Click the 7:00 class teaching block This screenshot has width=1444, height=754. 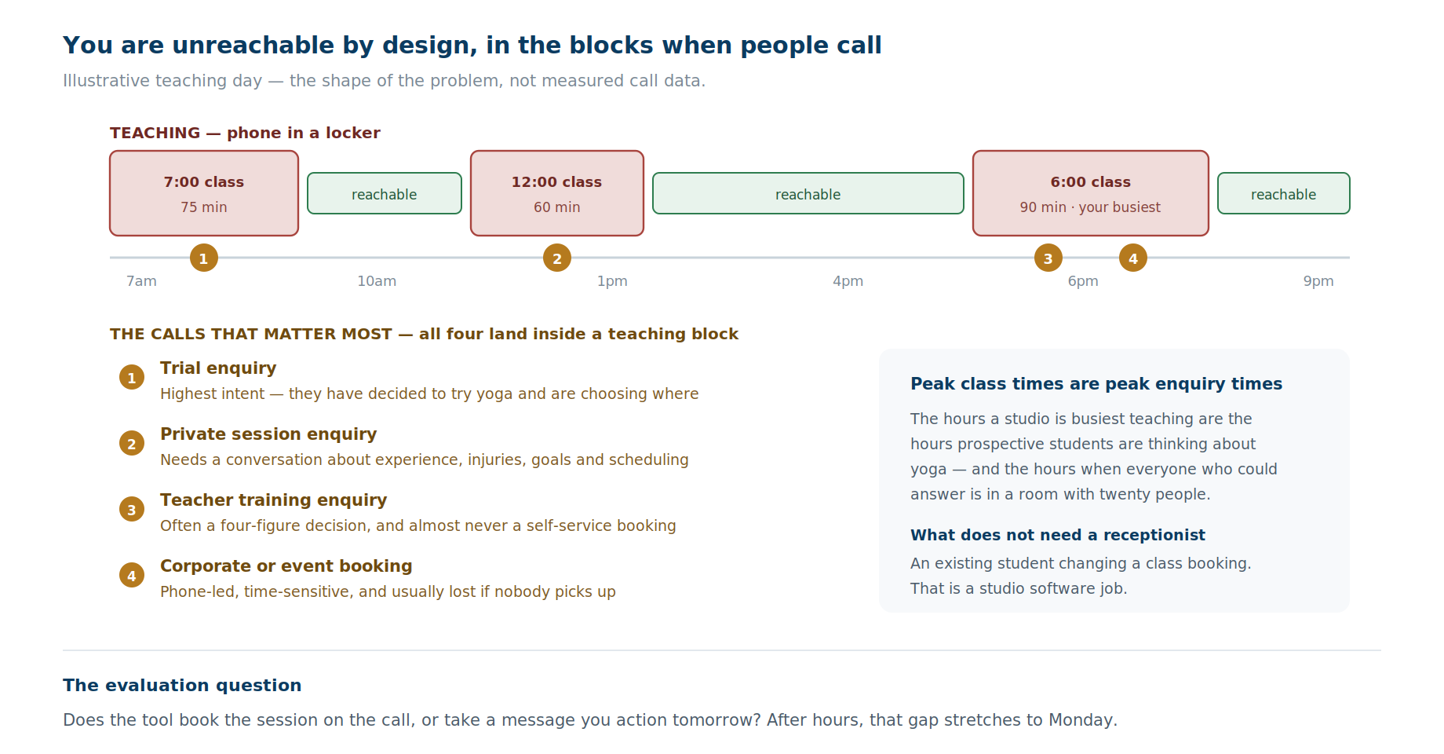204,193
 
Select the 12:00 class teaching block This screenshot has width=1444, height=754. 557,193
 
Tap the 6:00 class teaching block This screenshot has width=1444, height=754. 1091,193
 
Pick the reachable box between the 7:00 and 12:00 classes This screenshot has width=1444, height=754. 385,193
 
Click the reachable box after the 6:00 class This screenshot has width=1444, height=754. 1284,193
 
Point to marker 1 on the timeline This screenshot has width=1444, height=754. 204,258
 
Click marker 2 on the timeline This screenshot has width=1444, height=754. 557,258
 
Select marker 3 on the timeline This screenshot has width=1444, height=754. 1048,258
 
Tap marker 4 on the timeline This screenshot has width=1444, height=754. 1133,258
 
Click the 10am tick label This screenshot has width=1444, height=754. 377,281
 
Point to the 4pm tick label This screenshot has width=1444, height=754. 848,281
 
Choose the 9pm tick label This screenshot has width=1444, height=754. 1318,281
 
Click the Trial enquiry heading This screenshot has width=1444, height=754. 218,368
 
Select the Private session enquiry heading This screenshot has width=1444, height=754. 268,434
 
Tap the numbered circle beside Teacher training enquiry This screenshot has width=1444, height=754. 132,509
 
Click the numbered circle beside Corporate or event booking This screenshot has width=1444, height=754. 132,575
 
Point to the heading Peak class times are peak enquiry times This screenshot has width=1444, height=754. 1096,384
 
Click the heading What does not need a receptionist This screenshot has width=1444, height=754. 1058,535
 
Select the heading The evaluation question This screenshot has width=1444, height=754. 182,686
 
